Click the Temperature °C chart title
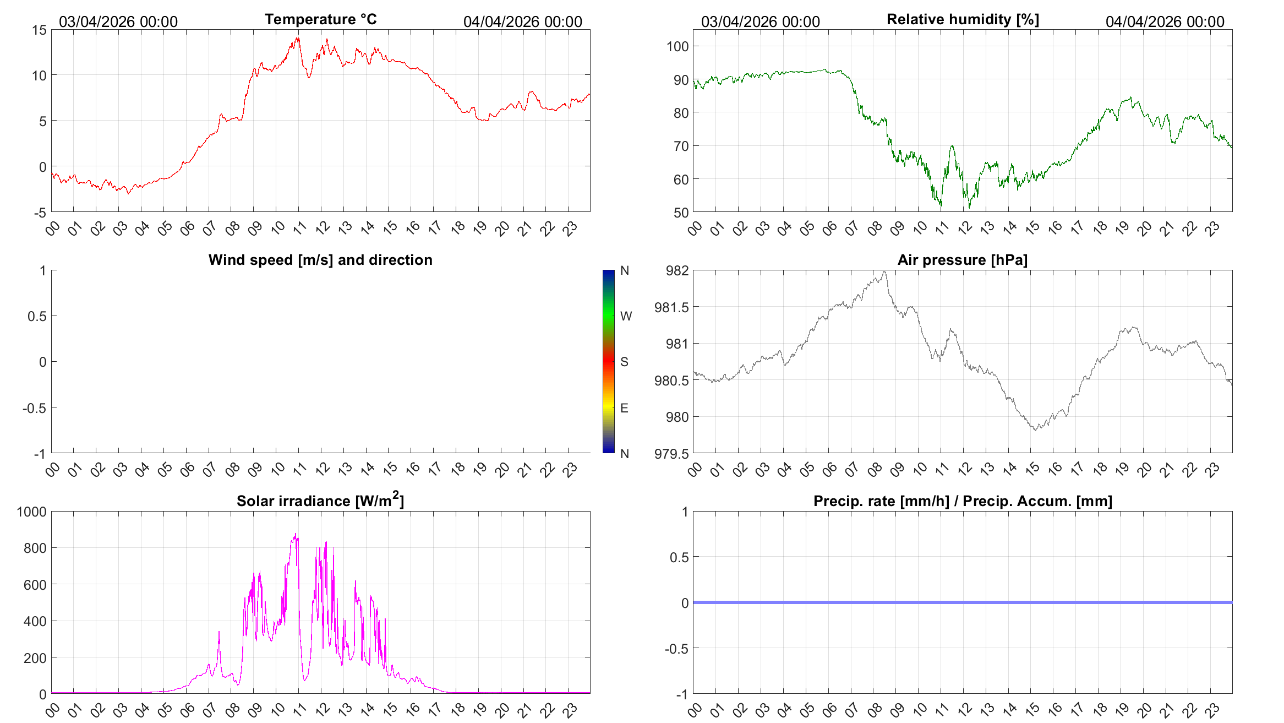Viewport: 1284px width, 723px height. coord(321,19)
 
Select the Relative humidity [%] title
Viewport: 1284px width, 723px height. coord(963,19)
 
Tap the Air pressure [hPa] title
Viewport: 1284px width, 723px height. coord(963,260)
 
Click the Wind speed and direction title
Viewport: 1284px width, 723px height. coord(320,260)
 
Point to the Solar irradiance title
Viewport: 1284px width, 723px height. coord(320,500)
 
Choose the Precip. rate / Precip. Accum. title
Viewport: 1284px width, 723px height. coord(963,501)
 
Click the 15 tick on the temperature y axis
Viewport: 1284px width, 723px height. coord(40,30)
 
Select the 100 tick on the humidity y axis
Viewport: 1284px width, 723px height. coord(677,46)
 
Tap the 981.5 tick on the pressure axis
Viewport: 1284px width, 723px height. coord(671,307)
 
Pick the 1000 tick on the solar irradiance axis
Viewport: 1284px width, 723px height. coord(32,512)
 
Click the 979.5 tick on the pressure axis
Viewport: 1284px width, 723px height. coord(671,454)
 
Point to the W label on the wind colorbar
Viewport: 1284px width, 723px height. coord(626,316)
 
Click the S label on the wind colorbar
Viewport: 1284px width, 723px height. coord(624,362)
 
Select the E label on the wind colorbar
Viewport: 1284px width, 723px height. coord(624,408)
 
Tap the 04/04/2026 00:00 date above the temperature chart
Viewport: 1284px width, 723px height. coord(522,21)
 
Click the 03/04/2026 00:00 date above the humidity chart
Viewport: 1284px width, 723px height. coord(760,21)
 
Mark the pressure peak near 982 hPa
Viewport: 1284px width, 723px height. coord(884,271)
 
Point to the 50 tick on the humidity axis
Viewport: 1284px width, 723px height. coord(681,213)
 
